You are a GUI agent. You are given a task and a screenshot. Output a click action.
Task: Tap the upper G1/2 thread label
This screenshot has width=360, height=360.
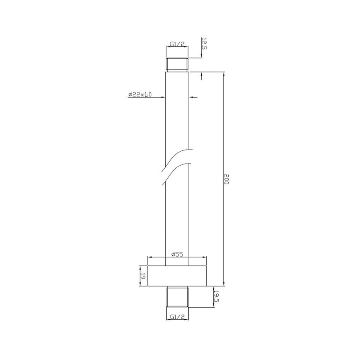177,44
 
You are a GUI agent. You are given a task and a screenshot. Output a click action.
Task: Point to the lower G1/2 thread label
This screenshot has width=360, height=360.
177,317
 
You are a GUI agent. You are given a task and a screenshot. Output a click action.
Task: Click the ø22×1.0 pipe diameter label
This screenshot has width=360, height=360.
140,94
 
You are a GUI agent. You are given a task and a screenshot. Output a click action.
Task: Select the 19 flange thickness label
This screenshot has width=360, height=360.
143,276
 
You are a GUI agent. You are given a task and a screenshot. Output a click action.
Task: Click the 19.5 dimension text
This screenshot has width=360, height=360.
216,297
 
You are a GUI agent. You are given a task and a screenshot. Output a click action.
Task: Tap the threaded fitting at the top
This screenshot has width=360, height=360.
177,64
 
